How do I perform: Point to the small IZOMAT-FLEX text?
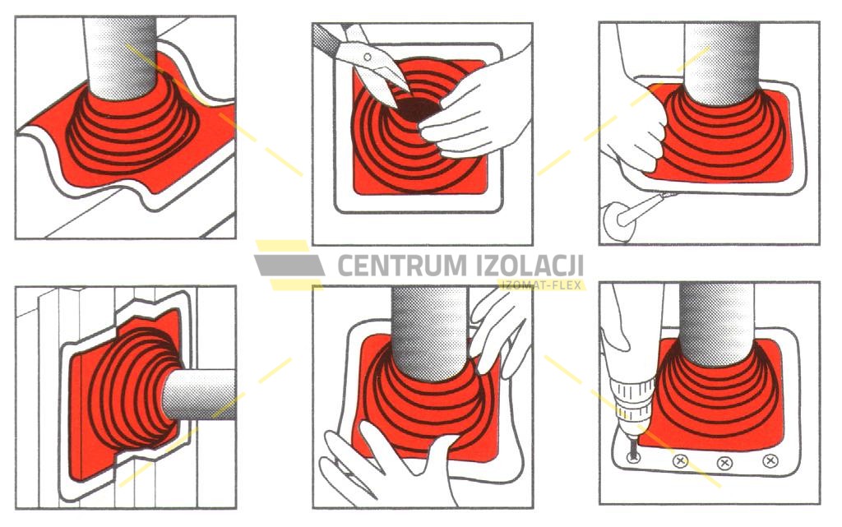click(542, 285)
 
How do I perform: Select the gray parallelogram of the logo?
click(289, 265)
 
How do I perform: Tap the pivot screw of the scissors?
click(368, 57)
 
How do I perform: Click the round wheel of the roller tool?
click(618, 221)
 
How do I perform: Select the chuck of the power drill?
click(634, 400)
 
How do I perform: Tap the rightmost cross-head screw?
click(770, 460)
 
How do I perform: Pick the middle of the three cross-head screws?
click(725, 462)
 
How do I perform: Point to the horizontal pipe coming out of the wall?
click(200, 395)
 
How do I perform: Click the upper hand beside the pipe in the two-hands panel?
click(497, 328)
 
